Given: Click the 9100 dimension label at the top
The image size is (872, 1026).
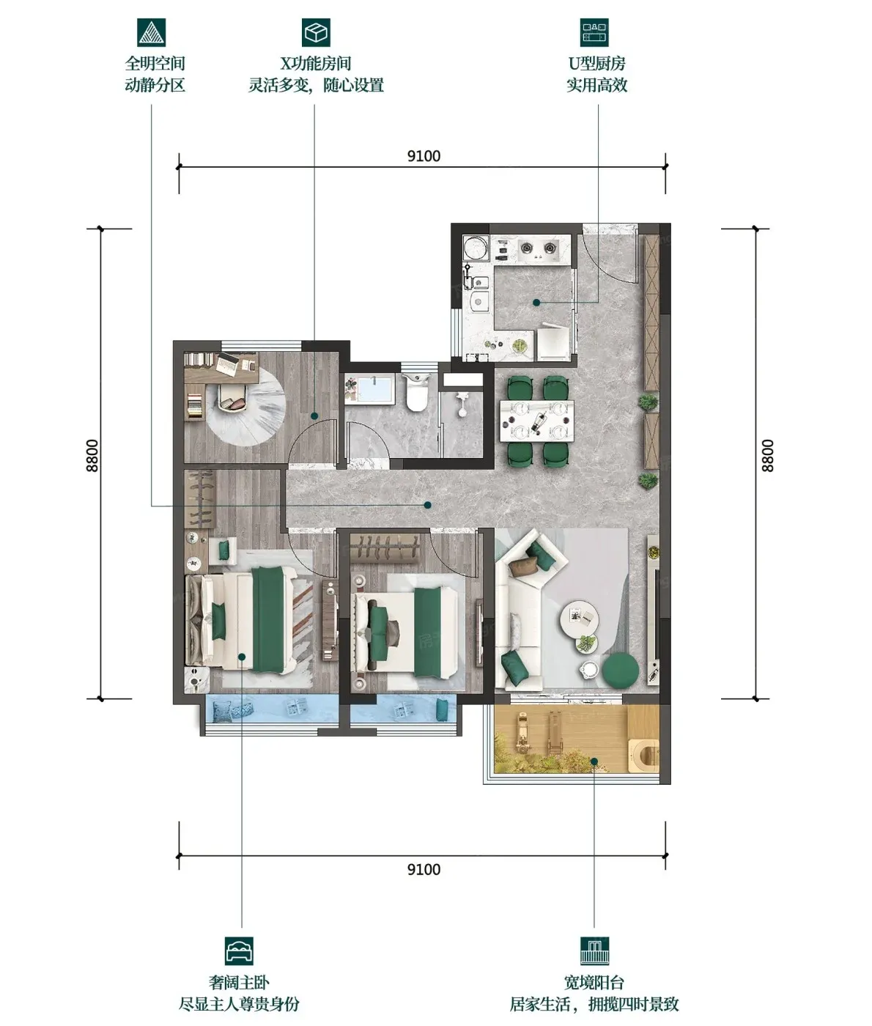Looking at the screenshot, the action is coord(424,156).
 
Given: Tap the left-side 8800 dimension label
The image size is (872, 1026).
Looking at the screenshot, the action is coord(92,455).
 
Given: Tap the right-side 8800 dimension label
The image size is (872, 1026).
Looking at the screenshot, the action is coord(767,455).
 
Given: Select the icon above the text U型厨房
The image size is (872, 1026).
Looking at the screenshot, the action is coord(594,32).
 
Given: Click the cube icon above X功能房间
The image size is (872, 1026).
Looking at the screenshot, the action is coord(316,32).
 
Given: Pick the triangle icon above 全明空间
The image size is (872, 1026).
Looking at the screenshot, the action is coord(152,32).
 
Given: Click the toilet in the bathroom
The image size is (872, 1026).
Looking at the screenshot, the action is coord(416,393).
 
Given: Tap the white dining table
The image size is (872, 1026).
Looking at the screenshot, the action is coord(536,421).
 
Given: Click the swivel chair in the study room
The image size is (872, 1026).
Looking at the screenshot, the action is coord(233,398).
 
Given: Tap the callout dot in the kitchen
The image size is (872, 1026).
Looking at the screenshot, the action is coord(536,302).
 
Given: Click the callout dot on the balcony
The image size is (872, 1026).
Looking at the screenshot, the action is coord(594,761).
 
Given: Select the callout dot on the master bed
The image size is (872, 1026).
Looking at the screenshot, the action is coord(242,657).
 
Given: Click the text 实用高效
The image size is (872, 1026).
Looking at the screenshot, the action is coord(596,85).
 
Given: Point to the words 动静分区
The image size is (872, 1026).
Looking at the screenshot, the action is coord(155,85).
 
